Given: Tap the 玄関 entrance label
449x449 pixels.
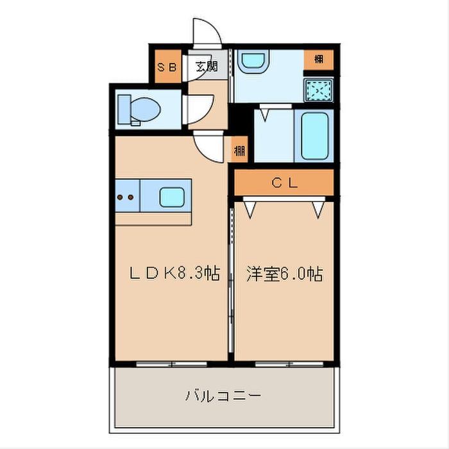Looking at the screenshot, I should pos(207,67).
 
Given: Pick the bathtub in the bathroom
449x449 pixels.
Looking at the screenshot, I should pos(314,136).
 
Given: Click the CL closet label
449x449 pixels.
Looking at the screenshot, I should pos(284,183).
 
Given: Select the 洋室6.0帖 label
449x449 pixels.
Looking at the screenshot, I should pos(284,275).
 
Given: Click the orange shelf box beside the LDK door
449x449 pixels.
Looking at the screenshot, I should pos(239,151).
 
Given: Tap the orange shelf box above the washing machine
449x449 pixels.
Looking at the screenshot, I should pos(318,59).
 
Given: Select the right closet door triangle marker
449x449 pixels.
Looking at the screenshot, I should pos(318,208).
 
